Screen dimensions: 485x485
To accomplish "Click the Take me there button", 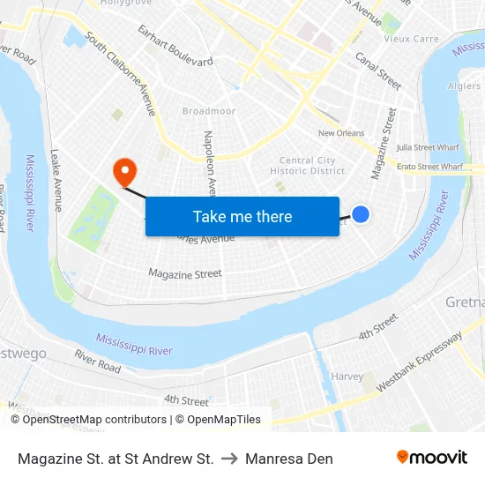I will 242,216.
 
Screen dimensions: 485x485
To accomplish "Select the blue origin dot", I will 361,213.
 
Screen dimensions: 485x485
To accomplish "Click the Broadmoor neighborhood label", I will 209,111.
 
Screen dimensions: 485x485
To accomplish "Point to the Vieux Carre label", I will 410,39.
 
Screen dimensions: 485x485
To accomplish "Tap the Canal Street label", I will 377,71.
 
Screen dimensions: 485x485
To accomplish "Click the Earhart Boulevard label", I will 175,46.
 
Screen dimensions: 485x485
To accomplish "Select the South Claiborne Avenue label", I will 122,78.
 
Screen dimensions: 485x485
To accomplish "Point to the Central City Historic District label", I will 307,166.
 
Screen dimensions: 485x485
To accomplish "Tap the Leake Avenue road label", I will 57,180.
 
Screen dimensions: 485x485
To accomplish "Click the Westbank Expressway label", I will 420,362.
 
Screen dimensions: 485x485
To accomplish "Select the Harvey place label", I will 347,377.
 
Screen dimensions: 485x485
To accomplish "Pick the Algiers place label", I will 464,86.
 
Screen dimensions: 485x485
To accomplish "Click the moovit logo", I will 431,458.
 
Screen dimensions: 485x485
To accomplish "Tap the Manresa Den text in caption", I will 289,459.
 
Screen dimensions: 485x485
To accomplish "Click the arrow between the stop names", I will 229,459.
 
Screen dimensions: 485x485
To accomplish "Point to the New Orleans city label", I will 340,133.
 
